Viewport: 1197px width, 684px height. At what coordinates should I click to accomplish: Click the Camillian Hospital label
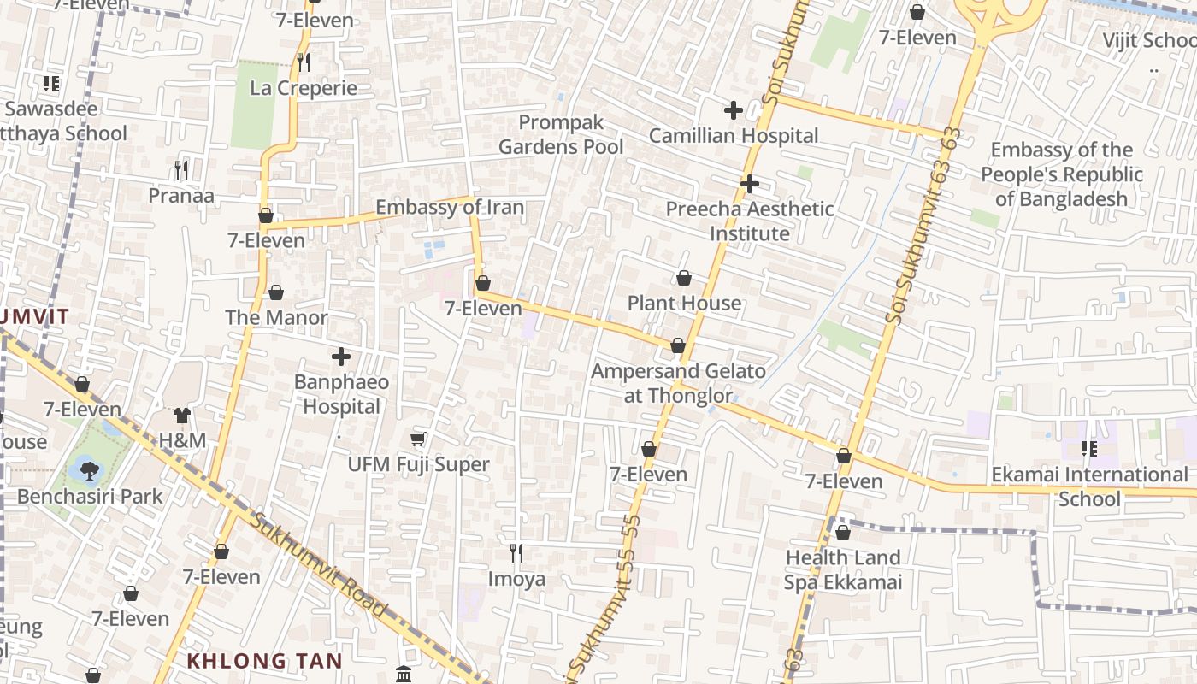(734, 136)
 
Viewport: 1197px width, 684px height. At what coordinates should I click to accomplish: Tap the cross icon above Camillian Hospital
(733, 110)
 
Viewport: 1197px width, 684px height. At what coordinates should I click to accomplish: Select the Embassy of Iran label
(450, 208)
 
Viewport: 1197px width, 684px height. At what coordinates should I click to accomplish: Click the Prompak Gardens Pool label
(561, 135)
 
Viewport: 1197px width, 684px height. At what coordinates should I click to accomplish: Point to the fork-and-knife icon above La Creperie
(303, 62)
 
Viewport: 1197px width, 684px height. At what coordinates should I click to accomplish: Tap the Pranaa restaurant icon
(181, 170)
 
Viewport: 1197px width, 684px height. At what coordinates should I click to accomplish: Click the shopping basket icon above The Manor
(276, 292)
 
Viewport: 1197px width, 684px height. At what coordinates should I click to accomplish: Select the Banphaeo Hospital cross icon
(341, 357)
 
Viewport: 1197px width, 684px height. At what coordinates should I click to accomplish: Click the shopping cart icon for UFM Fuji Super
(418, 439)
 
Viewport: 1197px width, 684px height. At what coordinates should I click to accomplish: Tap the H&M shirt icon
(182, 416)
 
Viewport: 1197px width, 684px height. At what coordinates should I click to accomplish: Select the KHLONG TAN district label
(264, 661)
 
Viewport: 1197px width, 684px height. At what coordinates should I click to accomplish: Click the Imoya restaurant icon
(516, 553)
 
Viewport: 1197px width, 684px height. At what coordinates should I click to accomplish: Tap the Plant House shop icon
(684, 278)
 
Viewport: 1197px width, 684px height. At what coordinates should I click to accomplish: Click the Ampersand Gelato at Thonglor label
(678, 383)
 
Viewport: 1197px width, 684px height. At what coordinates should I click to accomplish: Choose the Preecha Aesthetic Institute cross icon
(750, 184)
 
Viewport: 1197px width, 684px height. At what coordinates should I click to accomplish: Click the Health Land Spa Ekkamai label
(843, 570)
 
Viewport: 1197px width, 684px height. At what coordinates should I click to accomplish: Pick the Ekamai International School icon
(1089, 449)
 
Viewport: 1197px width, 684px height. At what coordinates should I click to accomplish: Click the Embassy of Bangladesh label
(1061, 174)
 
